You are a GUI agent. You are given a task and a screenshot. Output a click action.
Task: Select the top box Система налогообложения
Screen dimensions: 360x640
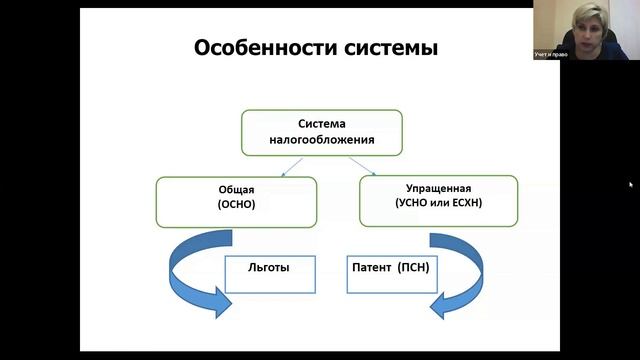point(321,132)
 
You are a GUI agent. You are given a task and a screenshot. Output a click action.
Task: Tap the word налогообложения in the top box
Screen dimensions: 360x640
point(321,142)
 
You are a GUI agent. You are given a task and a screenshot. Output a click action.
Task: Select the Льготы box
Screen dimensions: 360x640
point(268,271)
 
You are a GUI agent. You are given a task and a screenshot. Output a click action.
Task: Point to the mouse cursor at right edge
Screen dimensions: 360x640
point(630,184)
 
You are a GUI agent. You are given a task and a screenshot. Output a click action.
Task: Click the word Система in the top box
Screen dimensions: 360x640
point(321,123)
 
